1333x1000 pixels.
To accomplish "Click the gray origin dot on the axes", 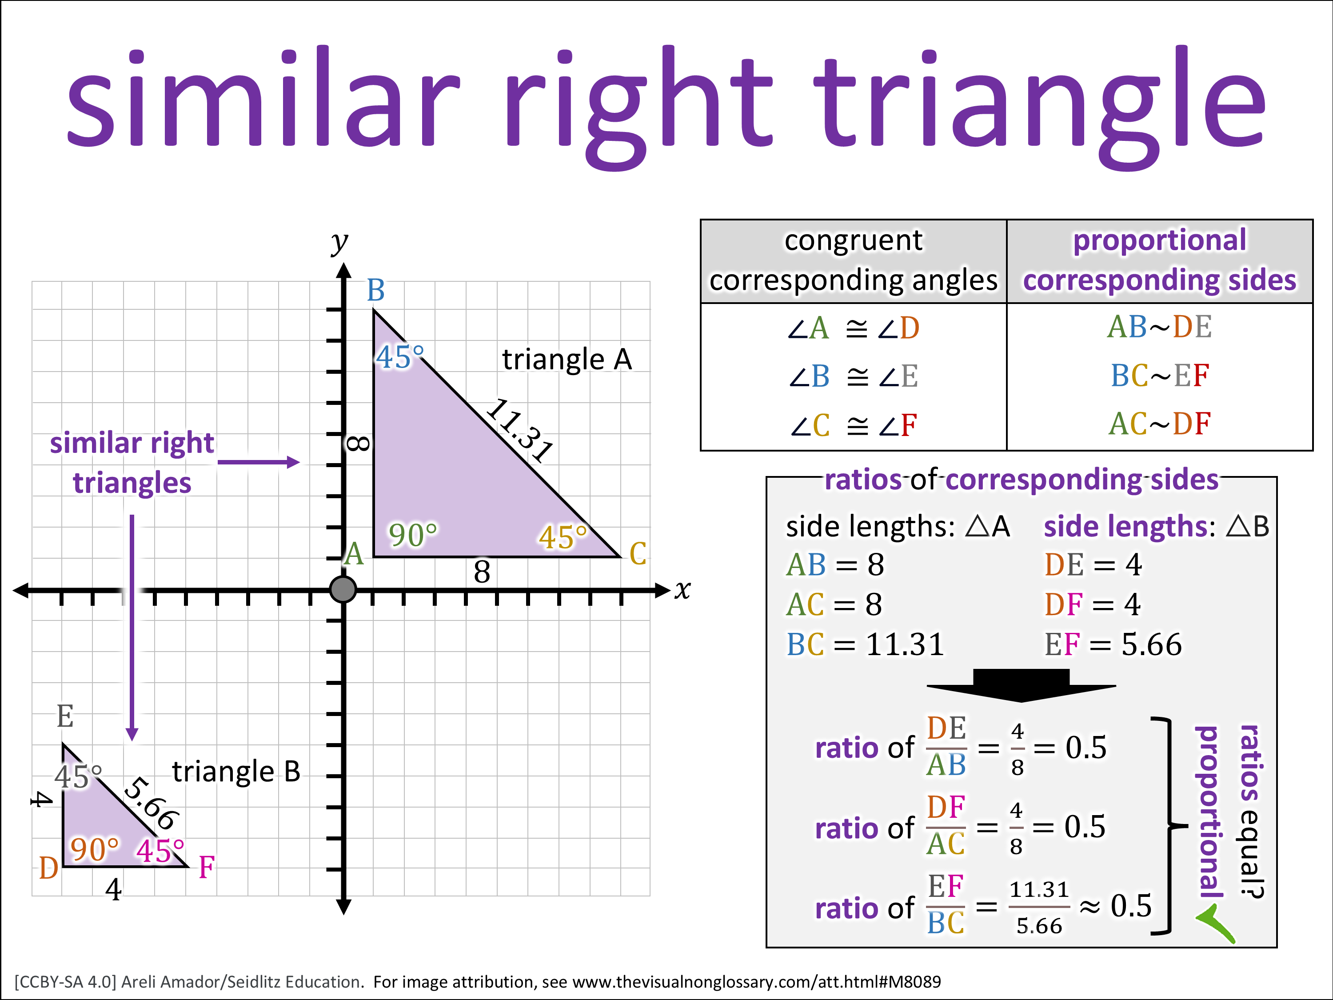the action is coord(343,589).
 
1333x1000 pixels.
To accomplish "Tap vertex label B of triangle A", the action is coord(375,291).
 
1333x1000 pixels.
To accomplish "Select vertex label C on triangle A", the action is coord(638,553).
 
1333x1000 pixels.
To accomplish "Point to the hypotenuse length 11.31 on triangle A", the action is coord(519,430).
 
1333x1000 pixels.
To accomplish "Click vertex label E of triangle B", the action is coord(65,716).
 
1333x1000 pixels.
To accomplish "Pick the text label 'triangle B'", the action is coord(236,772).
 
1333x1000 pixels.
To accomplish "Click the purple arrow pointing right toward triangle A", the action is coord(259,462).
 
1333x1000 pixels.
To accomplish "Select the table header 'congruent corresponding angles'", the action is coord(853,260).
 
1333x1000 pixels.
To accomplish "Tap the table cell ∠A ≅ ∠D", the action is coord(853,328).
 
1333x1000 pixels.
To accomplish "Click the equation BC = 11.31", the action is coord(865,644).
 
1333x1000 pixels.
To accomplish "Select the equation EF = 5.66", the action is coord(1113,644).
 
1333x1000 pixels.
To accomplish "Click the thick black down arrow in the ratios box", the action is coord(1021,685).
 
